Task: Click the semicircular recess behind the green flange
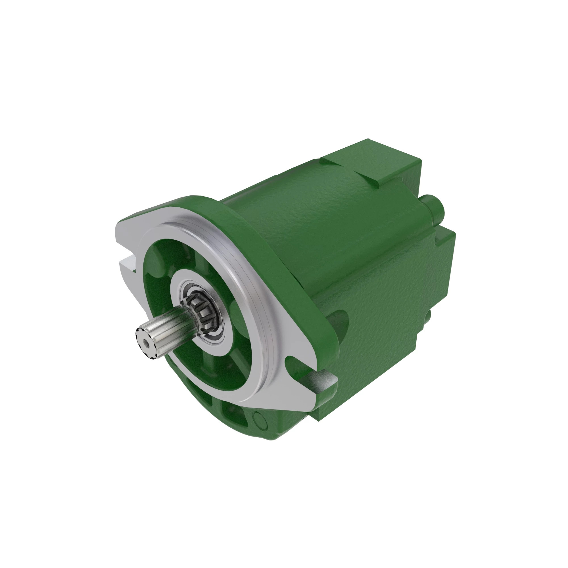338,323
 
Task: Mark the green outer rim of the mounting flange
265,250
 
